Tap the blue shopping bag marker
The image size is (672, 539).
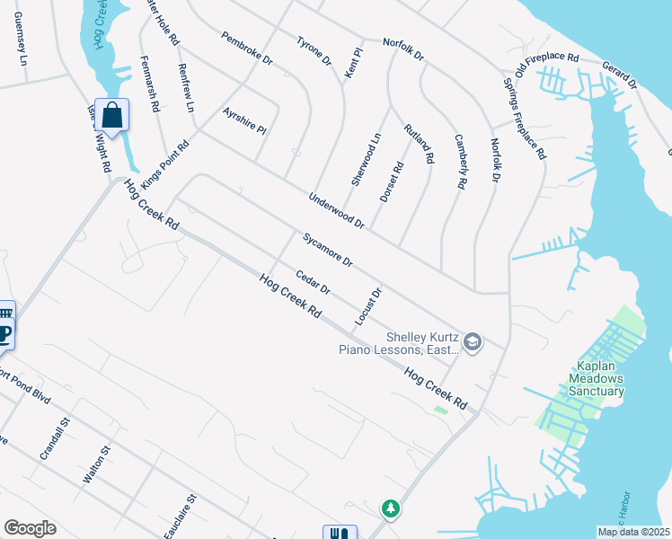(112, 115)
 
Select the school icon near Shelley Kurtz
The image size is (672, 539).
(473, 341)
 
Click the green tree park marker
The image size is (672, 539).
(391, 509)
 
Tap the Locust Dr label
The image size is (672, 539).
(368, 306)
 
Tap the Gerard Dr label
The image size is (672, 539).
(619, 75)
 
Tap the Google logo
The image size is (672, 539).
(30, 528)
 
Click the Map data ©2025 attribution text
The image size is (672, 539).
(633, 532)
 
